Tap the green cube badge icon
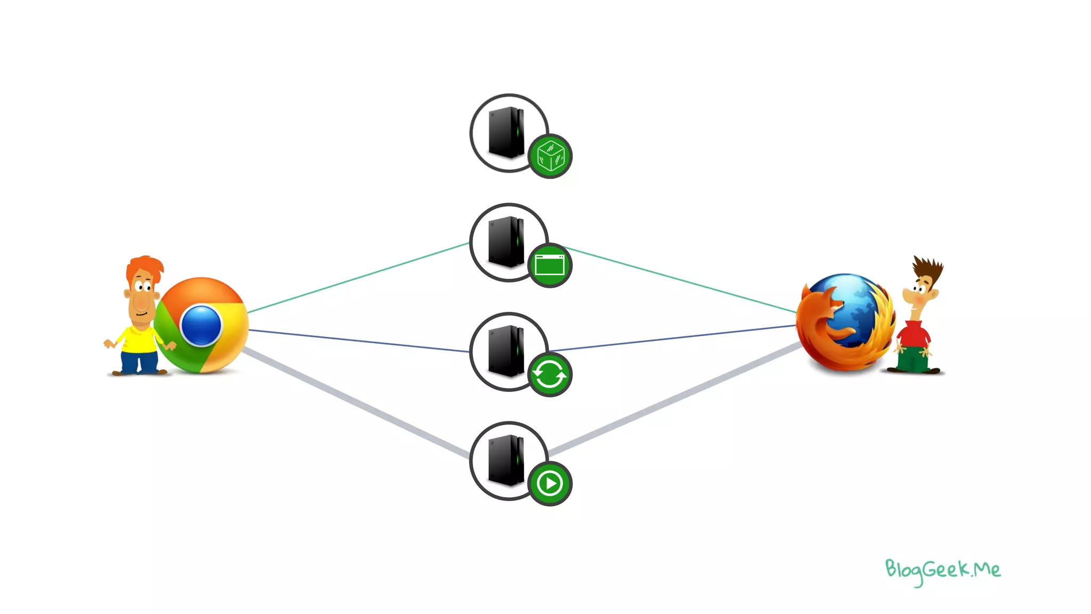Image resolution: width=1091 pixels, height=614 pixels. pos(550,156)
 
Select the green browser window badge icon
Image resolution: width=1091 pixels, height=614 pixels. pos(550,265)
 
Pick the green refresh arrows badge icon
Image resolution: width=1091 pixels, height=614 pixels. pos(550,375)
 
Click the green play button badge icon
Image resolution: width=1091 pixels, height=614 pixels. pos(550,484)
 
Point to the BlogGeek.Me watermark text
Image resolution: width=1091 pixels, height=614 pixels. pos(942,571)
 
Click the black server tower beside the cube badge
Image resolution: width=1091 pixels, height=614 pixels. pos(506,133)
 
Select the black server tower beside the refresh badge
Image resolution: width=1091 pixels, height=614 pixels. pos(506,351)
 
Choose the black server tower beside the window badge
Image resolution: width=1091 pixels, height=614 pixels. pos(506,242)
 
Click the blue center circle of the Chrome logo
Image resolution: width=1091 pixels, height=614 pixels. pos(201,325)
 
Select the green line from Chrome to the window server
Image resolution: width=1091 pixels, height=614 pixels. pos(357,278)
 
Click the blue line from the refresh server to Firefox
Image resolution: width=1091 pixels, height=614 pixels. pos(671,338)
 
